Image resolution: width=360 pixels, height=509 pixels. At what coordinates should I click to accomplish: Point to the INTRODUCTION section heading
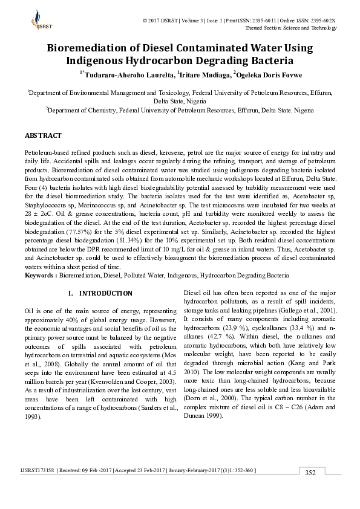[106, 293]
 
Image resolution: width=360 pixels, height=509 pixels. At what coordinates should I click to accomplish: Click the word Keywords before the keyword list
[39, 275]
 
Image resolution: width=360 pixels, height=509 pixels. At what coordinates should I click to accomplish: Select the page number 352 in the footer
[310, 489]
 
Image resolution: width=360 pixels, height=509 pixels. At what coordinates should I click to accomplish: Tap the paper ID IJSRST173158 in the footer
[41, 486]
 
